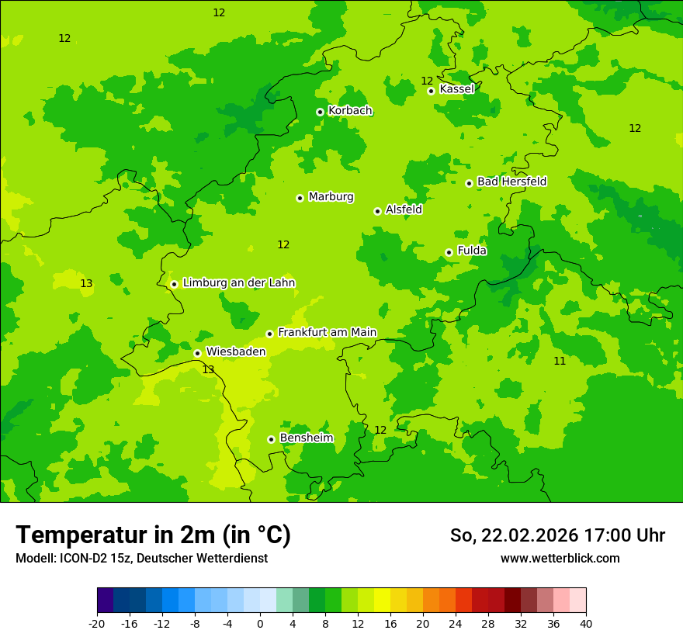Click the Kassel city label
point(456,89)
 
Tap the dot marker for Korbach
point(320,112)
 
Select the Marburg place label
point(331,197)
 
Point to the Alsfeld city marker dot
point(377,211)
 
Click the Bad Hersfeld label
point(511,182)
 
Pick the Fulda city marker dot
point(449,252)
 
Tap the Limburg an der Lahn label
point(238,283)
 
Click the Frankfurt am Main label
point(327,333)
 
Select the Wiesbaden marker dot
point(197,353)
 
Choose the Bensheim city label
point(306,438)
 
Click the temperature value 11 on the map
point(560,361)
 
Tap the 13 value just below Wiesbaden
point(208,369)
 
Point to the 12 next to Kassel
point(427,81)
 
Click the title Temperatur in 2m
point(153,535)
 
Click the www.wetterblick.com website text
point(560,558)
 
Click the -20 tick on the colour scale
point(97,624)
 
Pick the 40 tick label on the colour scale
point(586,624)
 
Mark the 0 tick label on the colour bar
point(260,624)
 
